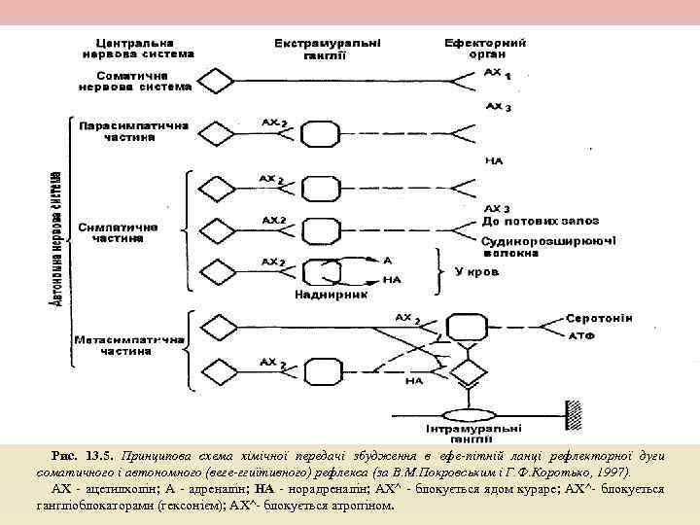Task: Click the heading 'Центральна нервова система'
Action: (x=136, y=49)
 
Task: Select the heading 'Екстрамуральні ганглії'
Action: (x=328, y=49)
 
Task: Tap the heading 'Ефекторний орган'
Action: (x=485, y=49)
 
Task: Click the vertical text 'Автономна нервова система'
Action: (x=56, y=238)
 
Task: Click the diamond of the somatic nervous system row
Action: (x=212, y=80)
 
